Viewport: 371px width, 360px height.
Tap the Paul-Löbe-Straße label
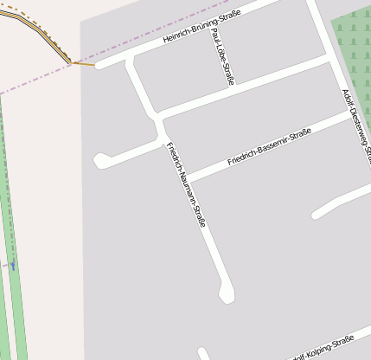[222, 57]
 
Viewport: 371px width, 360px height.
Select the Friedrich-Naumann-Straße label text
[186, 183]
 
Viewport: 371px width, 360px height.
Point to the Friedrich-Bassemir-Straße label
[269, 146]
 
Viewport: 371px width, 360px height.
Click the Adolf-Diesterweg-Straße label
[356, 124]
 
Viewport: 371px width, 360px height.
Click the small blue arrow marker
[13, 266]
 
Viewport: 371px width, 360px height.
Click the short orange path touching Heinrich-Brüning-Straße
[84, 63]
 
